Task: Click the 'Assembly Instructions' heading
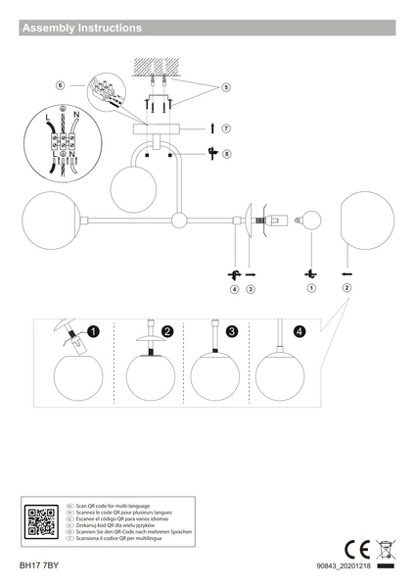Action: click(82, 28)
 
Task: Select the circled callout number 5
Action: click(226, 87)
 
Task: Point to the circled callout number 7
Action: click(225, 128)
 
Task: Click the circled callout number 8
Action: click(226, 153)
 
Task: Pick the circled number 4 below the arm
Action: click(234, 289)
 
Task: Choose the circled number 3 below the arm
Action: click(251, 289)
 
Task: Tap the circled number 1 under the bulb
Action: click(312, 288)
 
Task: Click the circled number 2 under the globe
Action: click(346, 288)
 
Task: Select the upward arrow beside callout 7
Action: click(211, 128)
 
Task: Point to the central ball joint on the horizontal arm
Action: click(179, 220)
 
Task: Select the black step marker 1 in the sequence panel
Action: click(93, 331)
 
